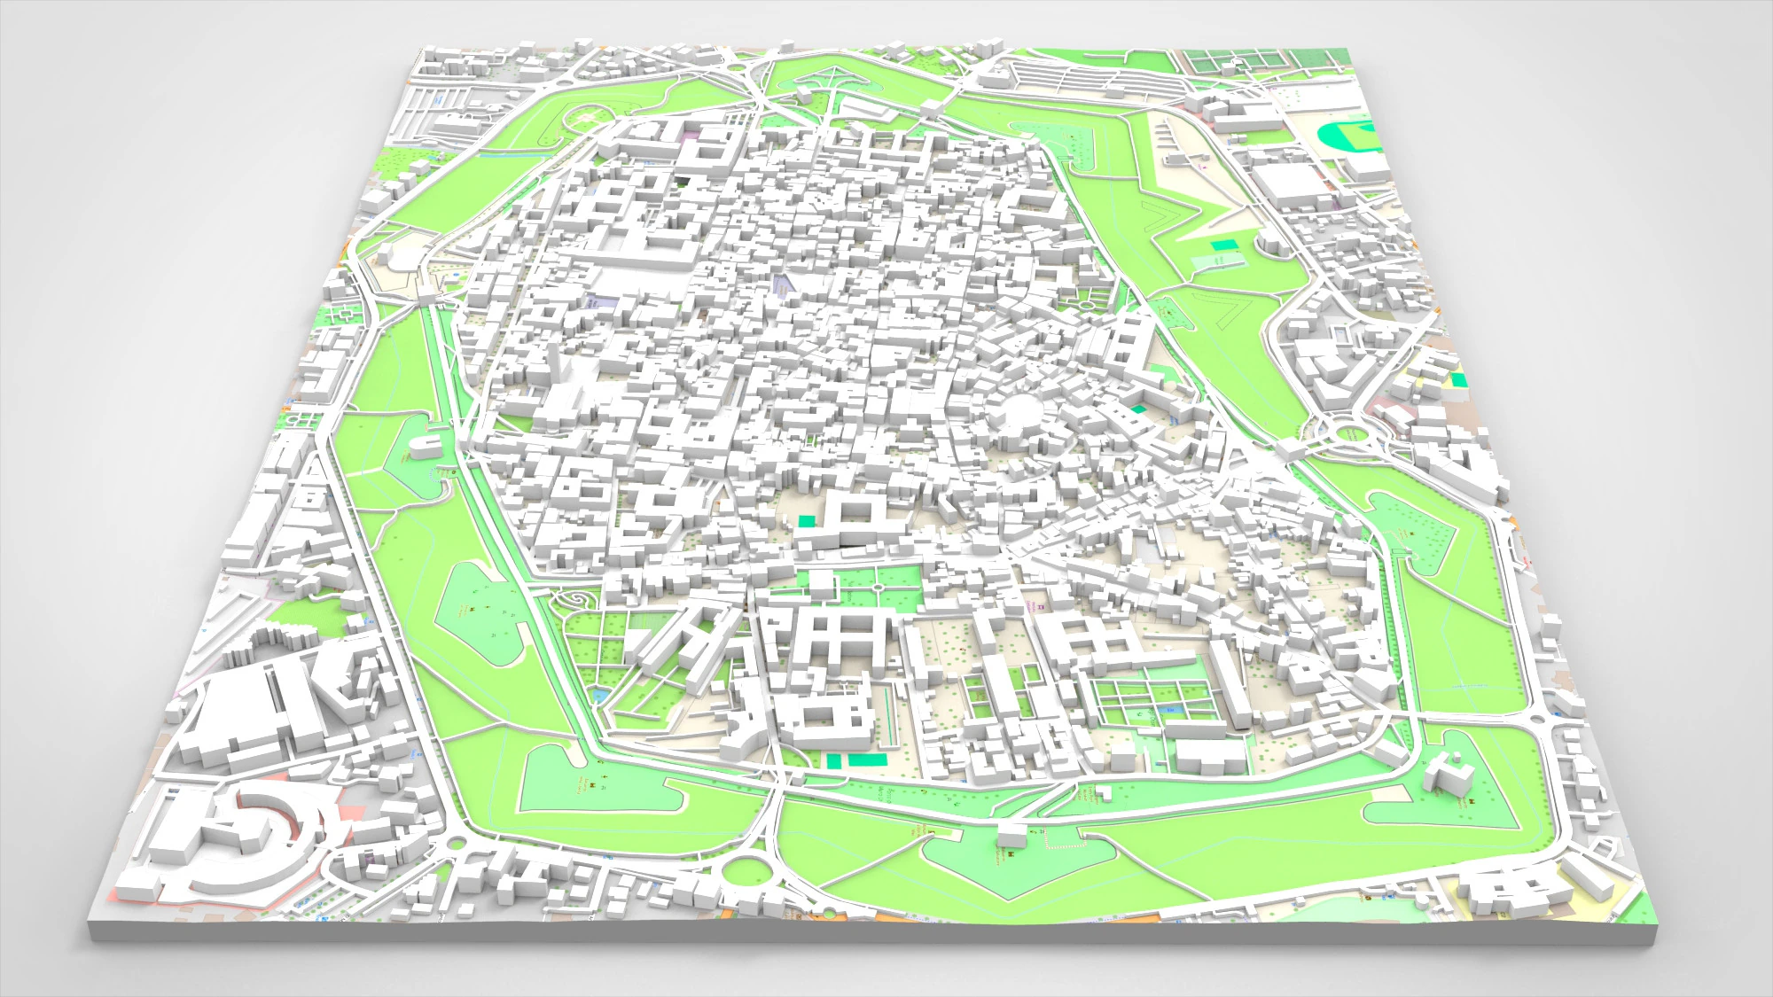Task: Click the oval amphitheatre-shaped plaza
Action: (x=1019, y=412)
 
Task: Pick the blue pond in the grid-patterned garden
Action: (x=1171, y=710)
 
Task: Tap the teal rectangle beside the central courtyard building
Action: (x=807, y=521)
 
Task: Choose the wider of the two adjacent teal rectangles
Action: (x=866, y=759)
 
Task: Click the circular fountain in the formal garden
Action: (x=877, y=586)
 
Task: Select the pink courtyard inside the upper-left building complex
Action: (x=691, y=136)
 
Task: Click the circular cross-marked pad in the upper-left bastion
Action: (x=584, y=116)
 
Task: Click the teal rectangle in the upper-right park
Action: (x=1223, y=244)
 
